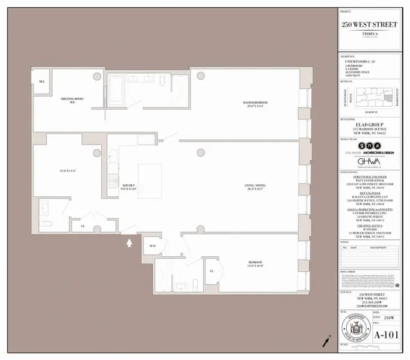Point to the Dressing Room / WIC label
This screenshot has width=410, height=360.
tap(72, 100)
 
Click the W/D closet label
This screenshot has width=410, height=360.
tap(153, 245)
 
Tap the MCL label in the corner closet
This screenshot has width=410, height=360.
tap(41, 82)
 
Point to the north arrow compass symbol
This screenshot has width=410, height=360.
tap(326, 341)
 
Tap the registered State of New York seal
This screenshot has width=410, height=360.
tap(355, 329)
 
